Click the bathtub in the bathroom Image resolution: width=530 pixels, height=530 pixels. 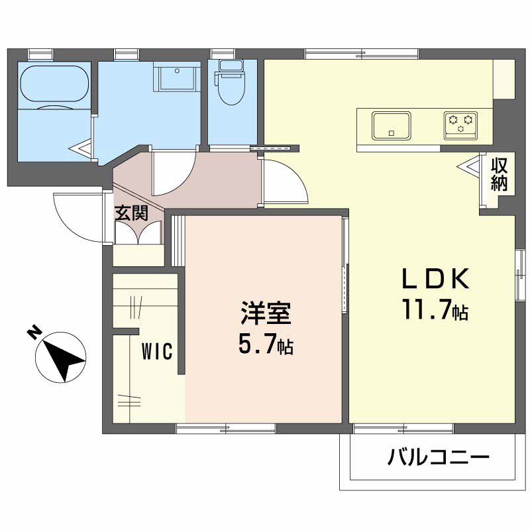(x=55, y=83)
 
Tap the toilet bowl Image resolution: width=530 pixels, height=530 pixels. (x=231, y=82)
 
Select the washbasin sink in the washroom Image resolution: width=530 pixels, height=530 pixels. (x=176, y=77)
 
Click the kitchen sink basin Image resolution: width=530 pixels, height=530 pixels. (x=392, y=125)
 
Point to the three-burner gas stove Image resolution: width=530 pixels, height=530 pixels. (x=460, y=125)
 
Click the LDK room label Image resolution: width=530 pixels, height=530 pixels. (x=435, y=279)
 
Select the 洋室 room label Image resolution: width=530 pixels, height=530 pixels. (x=266, y=313)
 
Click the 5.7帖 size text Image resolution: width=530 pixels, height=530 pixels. (x=266, y=343)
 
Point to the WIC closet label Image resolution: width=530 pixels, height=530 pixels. (x=157, y=351)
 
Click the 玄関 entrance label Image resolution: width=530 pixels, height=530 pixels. (x=132, y=213)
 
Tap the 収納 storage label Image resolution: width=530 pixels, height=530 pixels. (x=500, y=174)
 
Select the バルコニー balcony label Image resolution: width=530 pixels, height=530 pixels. (x=438, y=458)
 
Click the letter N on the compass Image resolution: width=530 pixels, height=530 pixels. (x=34, y=333)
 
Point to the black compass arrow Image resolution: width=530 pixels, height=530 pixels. (x=63, y=361)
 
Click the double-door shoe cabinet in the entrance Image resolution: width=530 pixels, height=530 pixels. (x=138, y=232)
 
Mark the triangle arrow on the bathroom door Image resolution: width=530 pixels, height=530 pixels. (x=80, y=148)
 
